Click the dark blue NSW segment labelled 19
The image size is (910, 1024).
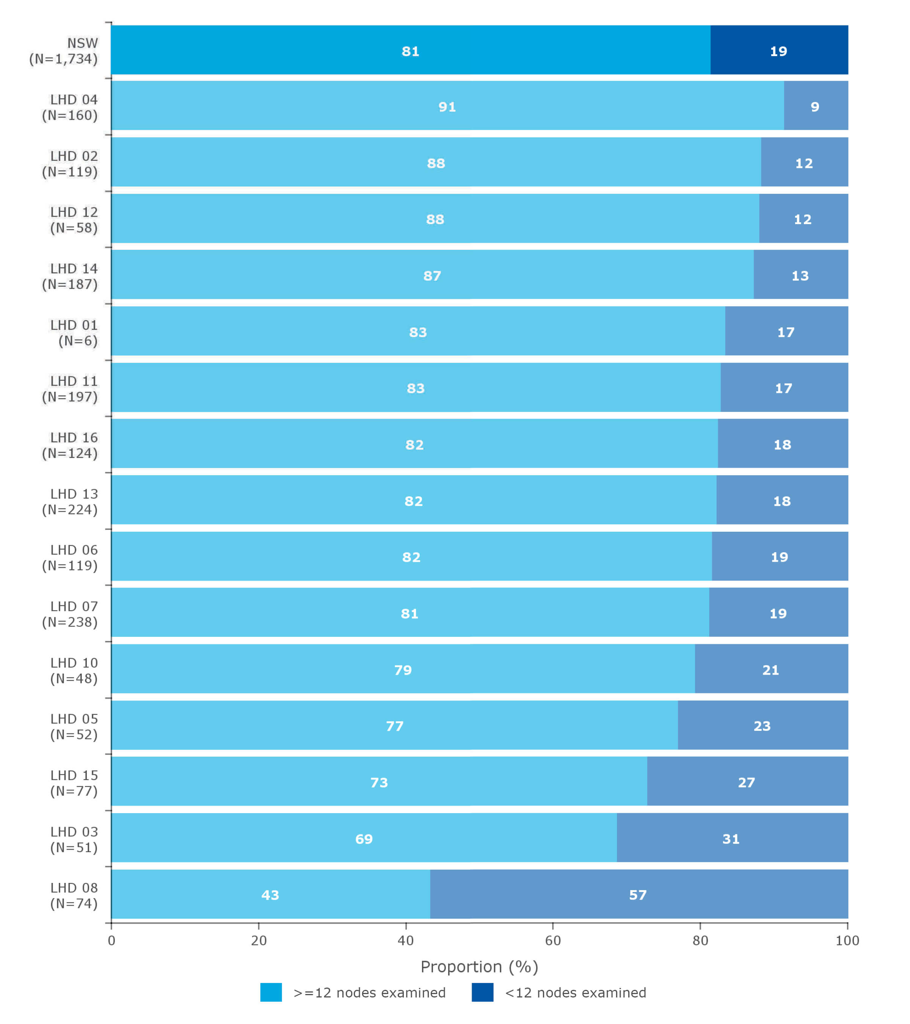778,50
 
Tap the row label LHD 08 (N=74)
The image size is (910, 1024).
74,895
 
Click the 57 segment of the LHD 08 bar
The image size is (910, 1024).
638,895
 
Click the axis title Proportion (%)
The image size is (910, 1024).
479,966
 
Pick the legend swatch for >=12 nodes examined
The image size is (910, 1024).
271,993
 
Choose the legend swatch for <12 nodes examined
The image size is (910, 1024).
482,993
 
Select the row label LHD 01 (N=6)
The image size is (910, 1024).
74,333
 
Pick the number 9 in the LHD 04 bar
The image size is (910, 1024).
815,107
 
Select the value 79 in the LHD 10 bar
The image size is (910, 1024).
403,670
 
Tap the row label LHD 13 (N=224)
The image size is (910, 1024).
70,501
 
